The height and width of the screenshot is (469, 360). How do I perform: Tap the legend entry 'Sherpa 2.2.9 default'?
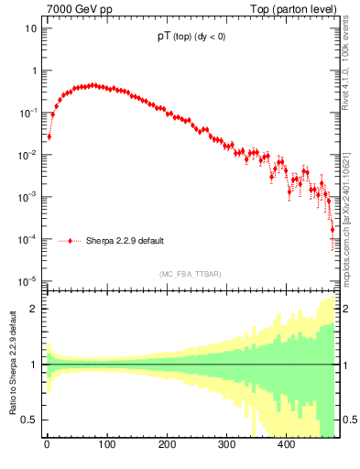click(x=125, y=242)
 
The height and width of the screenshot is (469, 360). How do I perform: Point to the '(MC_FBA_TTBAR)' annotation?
click(x=190, y=274)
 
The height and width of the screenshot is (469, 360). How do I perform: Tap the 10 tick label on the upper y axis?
click(x=31, y=27)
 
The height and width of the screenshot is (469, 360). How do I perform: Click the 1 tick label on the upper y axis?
click(x=34, y=71)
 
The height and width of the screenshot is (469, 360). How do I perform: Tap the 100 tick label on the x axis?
click(x=106, y=444)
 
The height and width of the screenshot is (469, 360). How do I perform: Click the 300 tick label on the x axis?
click(x=226, y=444)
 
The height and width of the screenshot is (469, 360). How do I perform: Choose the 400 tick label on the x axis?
click(x=286, y=444)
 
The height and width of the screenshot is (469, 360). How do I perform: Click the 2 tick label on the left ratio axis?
click(x=35, y=309)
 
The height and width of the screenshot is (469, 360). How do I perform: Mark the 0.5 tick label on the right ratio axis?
click(x=349, y=420)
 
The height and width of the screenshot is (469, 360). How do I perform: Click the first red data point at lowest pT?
click(x=49, y=136)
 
